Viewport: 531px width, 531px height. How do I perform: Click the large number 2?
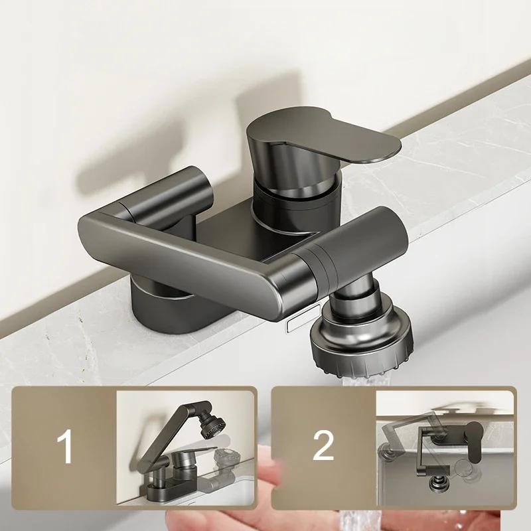323,447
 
